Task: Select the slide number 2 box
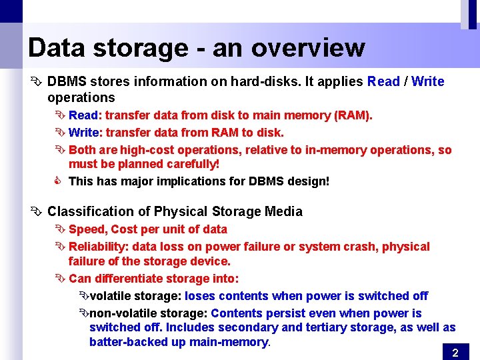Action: pos(455,352)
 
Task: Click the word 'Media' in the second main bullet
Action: pos(284,211)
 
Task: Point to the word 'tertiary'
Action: pos(329,327)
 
